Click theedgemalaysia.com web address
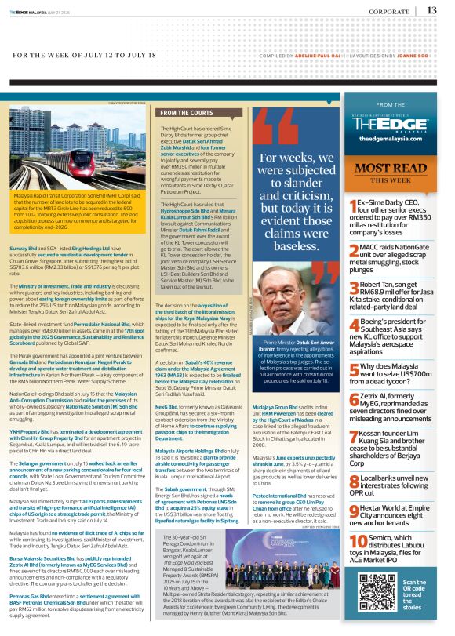pos(390,137)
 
